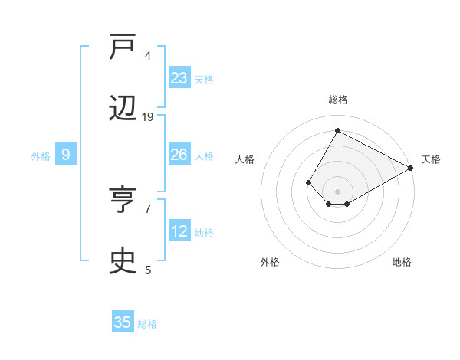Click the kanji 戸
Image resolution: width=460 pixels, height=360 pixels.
124,49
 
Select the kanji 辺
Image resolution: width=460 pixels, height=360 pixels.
124,110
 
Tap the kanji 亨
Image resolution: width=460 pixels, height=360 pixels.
124,202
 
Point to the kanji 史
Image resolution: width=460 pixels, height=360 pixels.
124,262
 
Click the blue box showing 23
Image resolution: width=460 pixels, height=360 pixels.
179,78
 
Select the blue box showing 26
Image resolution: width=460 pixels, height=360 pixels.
179,155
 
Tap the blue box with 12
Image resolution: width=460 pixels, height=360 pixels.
179,231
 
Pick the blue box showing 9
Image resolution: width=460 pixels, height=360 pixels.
66,155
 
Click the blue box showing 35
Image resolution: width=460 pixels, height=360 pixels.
123,322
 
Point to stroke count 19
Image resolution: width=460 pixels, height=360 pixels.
148,117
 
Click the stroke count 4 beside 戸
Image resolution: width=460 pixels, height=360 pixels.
148,56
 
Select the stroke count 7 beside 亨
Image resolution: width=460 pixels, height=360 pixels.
148,208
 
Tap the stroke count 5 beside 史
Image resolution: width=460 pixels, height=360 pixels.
148,270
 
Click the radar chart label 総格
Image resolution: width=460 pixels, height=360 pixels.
337,100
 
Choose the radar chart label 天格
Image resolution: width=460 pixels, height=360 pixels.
431,159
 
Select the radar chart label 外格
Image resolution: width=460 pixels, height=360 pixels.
270,262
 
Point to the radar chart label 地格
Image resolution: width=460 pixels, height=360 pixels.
402,262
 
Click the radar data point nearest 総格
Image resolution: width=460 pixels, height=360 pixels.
337,130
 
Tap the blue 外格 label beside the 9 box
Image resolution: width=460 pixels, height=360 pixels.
41,156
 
